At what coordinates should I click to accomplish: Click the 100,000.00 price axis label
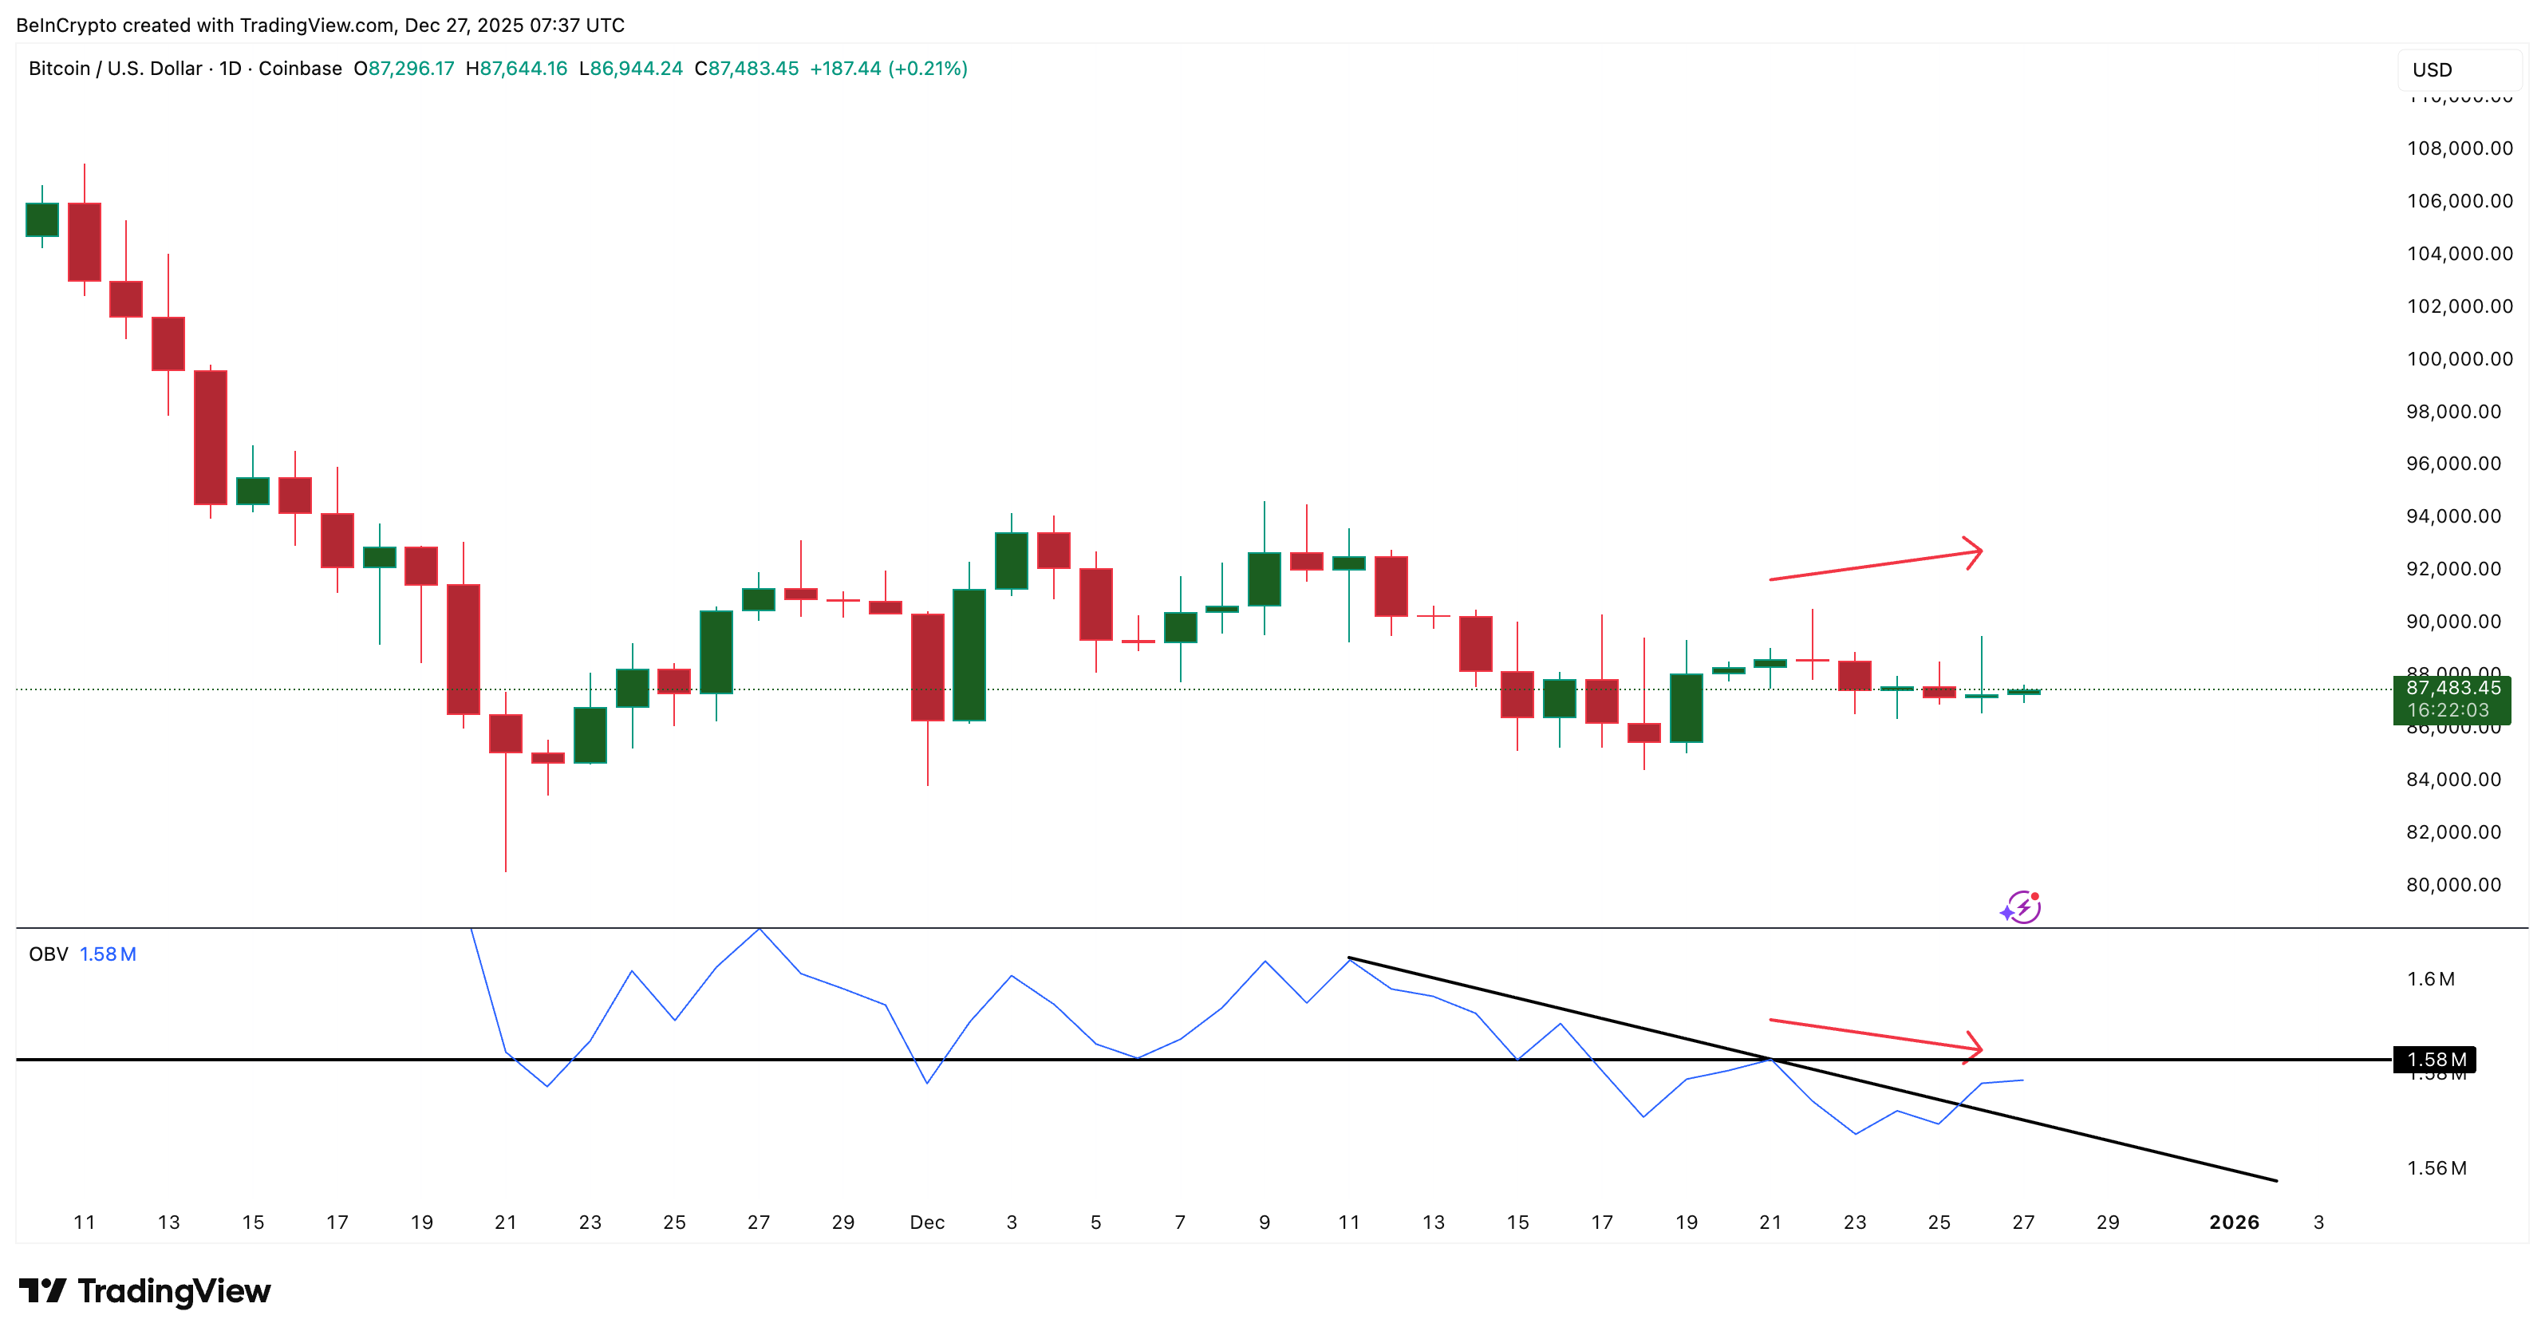[x=2459, y=359]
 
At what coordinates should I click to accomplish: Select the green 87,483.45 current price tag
[x=2451, y=699]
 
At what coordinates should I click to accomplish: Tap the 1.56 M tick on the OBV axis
[x=2436, y=1168]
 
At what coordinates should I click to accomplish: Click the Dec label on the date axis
[x=927, y=1222]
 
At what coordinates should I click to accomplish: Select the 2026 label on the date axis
[x=2234, y=1222]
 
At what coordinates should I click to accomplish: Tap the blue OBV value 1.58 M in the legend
[x=108, y=954]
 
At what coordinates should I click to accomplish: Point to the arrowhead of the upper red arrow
[x=1975, y=551]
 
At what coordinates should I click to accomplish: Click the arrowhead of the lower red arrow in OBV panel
[x=1975, y=1049]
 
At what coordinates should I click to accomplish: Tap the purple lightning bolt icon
[x=2022, y=906]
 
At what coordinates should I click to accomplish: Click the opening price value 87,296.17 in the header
[x=411, y=68]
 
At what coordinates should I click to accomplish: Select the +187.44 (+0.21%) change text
[x=888, y=68]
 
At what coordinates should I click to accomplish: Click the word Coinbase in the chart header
[x=300, y=68]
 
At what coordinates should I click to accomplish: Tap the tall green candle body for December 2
[x=969, y=654]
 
